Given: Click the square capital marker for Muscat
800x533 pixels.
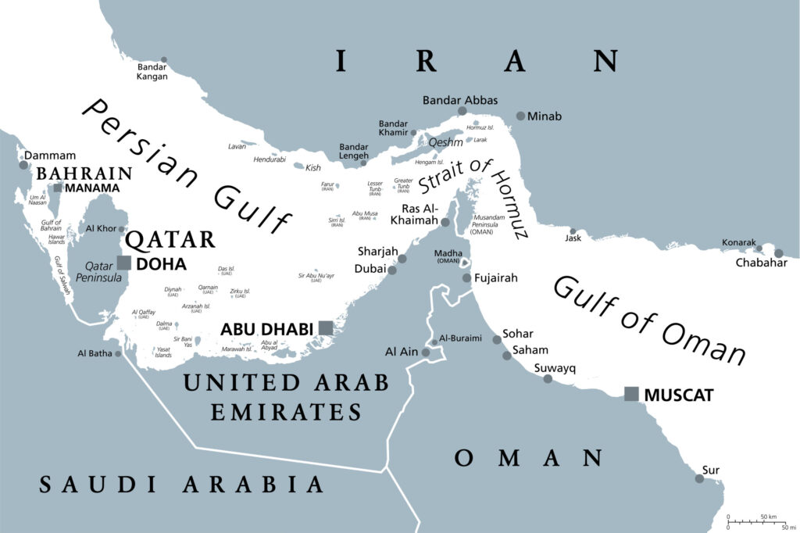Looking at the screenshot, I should (631, 394).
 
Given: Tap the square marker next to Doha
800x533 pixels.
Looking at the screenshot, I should (123, 263).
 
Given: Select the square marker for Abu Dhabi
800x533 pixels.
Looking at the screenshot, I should (326, 328).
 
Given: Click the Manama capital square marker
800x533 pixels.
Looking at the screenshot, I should (58, 188).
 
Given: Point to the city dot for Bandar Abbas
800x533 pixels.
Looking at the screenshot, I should (462, 112).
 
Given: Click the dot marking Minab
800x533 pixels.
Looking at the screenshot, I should (520, 116).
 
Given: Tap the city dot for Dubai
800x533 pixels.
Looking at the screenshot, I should (392, 270).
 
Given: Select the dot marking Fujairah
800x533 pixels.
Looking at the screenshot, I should (466, 277).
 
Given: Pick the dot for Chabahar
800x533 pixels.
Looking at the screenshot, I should (778, 253).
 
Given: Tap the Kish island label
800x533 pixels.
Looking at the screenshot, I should (312, 167).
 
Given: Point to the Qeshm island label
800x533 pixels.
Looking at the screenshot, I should (445, 142).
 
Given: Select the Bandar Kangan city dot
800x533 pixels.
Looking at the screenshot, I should (164, 59).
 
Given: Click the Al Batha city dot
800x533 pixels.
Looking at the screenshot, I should (118, 353).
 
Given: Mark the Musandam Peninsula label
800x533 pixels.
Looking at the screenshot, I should (491, 224).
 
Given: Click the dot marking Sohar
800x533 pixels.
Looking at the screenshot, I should (496, 339).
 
